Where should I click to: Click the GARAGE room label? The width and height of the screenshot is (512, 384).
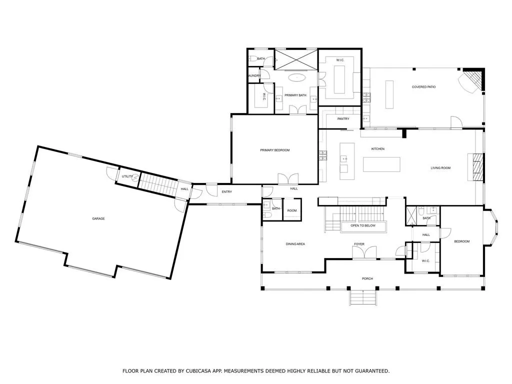[98, 219]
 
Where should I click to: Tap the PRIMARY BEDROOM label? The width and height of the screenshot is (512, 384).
[274, 150]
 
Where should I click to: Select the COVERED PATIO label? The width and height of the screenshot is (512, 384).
[423, 87]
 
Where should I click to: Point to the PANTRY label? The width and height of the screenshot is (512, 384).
[343, 119]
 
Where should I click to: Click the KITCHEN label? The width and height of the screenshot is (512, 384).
[378, 149]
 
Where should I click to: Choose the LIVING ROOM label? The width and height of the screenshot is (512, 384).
[440, 168]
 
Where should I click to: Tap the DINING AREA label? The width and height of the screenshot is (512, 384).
[295, 244]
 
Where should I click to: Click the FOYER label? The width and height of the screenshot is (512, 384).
[359, 244]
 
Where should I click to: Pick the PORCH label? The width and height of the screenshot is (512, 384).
[367, 278]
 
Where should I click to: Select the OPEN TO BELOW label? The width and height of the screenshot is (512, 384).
[363, 225]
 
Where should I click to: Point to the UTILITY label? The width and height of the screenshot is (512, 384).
[127, 176]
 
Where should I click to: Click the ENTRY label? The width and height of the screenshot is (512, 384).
[226, 191]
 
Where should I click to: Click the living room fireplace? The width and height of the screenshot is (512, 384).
[476, 167]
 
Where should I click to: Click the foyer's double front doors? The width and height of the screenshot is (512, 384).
[364, 252]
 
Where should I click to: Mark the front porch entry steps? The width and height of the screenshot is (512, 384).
[363, 297]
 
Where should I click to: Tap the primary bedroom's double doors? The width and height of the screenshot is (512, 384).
[288, 178]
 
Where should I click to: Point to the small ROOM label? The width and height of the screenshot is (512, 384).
[292, 210]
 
